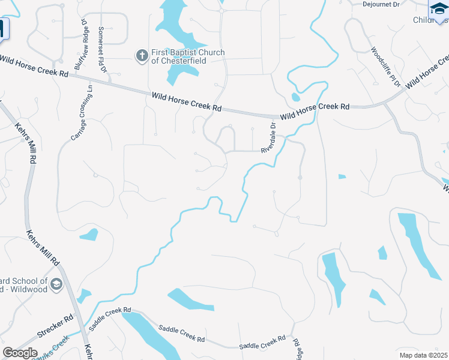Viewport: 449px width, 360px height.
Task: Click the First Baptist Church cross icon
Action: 142,56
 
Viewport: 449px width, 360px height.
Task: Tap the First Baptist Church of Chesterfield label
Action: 187,56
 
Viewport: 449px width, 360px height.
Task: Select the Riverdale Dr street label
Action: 268,138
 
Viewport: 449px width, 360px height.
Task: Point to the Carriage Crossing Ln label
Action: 82,112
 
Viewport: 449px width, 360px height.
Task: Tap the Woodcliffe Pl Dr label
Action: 385,69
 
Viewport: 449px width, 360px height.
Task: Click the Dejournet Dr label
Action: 381,4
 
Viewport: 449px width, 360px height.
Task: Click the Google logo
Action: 20,353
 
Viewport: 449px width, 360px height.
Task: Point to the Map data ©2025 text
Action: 423,355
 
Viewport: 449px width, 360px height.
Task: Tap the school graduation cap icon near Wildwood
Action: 56,284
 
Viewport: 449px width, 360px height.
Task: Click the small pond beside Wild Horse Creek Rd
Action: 295,97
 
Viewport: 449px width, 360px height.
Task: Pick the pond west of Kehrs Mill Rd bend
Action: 89,234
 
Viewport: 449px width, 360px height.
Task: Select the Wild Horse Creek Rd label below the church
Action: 187,100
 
